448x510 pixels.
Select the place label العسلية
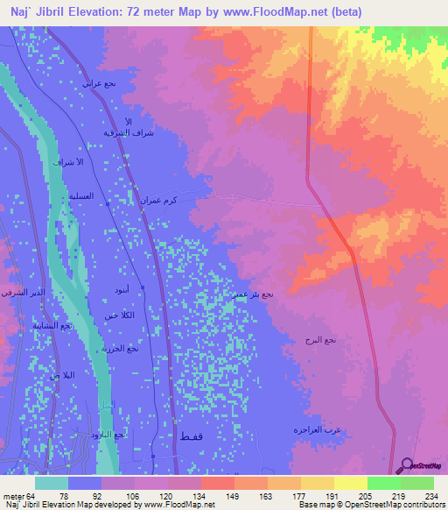click(x=75, y=197)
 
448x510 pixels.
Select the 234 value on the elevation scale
click(x=429, y=495)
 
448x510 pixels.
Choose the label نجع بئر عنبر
click(x=254, y=294)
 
